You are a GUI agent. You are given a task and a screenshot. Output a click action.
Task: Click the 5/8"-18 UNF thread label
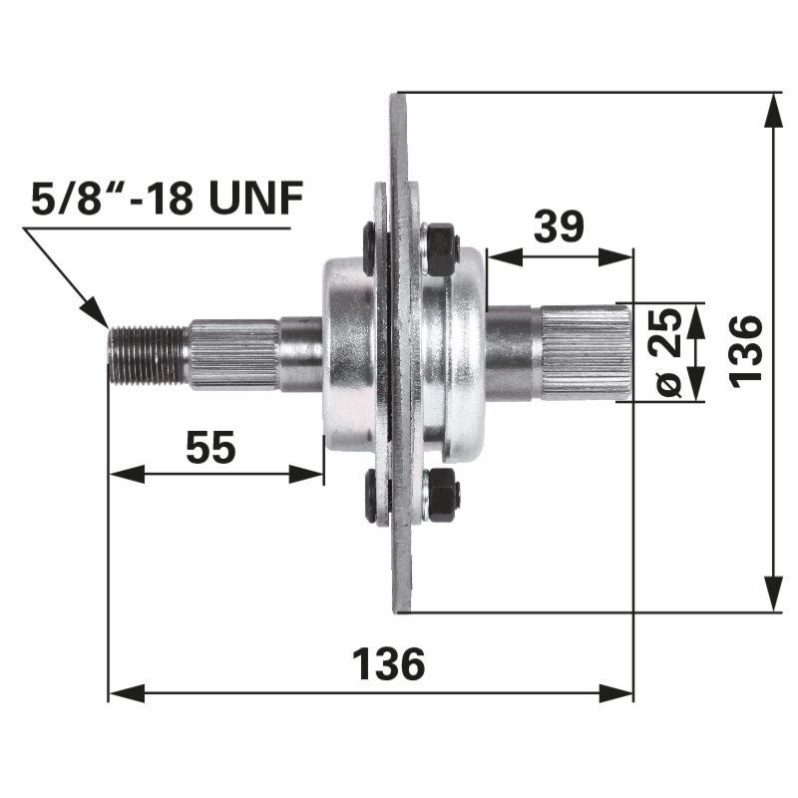click(166, 199)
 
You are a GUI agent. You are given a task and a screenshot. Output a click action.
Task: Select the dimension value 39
click(559, 226)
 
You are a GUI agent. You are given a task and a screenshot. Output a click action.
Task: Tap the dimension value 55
click(211, 447)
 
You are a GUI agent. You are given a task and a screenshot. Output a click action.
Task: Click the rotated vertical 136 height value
click(745, 349)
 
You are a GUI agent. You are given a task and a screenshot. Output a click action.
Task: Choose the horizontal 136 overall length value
click(389, 664)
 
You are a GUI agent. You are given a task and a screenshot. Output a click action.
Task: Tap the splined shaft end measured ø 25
click(587, 353)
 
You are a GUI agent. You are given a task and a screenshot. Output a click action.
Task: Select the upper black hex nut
click(440, 249)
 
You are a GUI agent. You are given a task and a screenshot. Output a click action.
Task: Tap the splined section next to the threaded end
click(234, 354)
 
